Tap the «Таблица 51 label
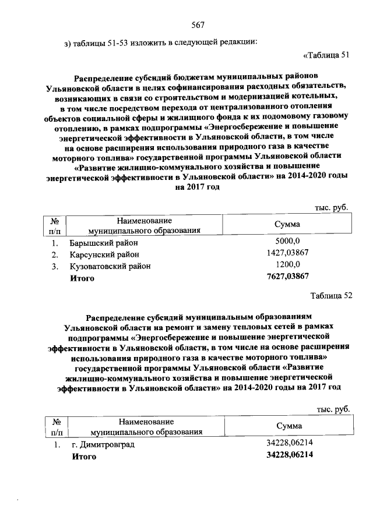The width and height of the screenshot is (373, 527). pos(326,55)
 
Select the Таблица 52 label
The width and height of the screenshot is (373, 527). pos(332,295)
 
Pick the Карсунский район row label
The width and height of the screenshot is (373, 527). pos(104,254)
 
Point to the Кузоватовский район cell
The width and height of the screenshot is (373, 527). pos(110,266)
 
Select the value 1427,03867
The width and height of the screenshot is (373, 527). pos(287,253)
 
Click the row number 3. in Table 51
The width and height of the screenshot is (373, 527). pos(55,266)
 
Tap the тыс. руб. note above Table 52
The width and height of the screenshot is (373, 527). pos(333,409)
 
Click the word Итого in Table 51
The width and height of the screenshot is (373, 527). pos(82,278)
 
